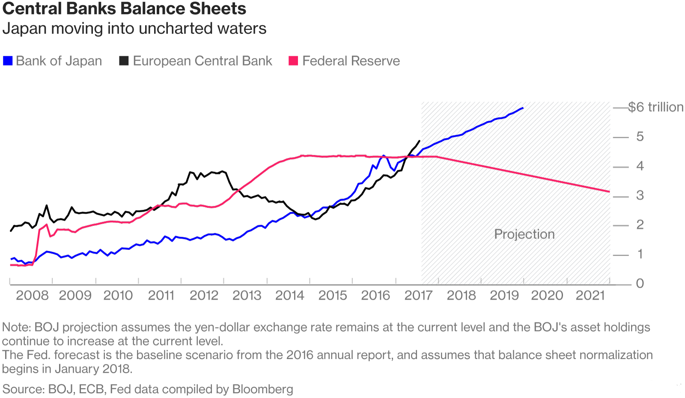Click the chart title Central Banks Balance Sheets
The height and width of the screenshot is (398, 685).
click(124, 9)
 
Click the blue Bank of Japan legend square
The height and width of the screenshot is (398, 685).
click(8, 61)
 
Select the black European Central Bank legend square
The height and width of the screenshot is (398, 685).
click(124, 61)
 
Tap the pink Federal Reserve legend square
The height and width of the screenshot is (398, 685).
click(293, 61)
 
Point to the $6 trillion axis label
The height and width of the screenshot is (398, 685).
click(655, 107)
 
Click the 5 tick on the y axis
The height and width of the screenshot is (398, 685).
click(640, 137)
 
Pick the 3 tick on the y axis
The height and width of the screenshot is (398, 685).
click(640, 196)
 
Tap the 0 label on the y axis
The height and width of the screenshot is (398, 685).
click(640, 283)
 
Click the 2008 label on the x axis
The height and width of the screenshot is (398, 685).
click(32, 295)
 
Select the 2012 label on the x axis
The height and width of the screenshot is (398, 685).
click(204, 295)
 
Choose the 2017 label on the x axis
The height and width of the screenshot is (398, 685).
click(418, 295)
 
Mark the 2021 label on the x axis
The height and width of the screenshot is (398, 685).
click(590, 295)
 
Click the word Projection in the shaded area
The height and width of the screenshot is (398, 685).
click(524, 234)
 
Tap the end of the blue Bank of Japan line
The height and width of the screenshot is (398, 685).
click(523, 108)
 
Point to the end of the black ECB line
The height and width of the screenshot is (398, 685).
click(419, 141)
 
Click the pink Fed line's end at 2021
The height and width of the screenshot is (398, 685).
click(609, 191)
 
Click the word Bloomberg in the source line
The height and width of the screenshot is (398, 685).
click(262, 389)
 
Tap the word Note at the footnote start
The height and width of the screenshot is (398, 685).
click(16, 327)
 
